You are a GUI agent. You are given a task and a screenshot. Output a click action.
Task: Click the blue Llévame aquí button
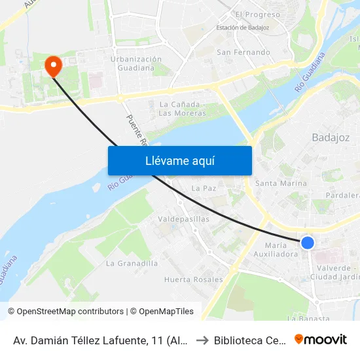[x=179, y=160]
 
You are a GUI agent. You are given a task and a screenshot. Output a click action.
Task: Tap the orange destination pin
[x=52, y=65]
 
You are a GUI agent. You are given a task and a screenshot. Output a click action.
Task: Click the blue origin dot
[x=307, y=243]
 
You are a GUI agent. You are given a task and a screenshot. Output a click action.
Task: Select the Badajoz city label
[x=331, y=137]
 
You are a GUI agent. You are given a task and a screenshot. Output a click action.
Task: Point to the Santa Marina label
[x=281, y=183]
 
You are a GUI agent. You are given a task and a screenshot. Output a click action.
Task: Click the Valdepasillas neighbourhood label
[x=184, y=219]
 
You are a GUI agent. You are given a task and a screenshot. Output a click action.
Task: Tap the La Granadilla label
[x=132, y=263]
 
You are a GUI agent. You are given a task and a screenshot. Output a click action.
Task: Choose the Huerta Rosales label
[x=193, y=279]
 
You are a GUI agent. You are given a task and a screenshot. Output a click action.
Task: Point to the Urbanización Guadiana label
[x=136, y=63]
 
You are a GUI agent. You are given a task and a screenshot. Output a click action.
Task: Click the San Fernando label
[x=243, y=52]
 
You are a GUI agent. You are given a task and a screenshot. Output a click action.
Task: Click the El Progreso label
[x=257, y=14]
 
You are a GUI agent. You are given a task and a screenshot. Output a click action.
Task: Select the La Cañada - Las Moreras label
[x=183, y=109]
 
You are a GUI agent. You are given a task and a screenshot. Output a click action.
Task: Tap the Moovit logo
[x=320, y=339]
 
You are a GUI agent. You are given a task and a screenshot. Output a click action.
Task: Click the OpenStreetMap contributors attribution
[x=70, y=312]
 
